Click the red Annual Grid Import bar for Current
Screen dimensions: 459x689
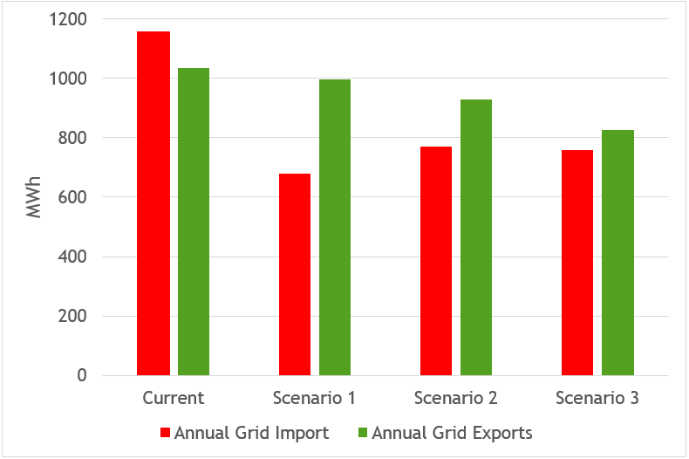(x=153, y=203)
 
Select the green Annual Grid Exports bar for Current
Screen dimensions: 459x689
(x=194, y=222)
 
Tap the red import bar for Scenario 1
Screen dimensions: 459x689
(x=294, y=275)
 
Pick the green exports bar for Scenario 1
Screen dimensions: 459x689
(x=335, y=228)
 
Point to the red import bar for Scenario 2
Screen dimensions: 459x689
(x=435, y=261)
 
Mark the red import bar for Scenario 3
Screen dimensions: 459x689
(x=576, y=263)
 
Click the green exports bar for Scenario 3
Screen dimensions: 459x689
(x=617, y=252)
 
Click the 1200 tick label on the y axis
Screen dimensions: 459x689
(x=69, y=18)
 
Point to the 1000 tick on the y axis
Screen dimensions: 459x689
(x=69, y=78)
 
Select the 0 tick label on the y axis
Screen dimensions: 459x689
(x=82, y=375)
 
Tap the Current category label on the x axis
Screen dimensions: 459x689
(x=174, y=399)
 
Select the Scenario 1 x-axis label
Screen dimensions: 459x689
(x=315, y=399)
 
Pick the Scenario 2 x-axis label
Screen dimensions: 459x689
(x=456, y=399)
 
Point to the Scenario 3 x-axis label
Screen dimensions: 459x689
(x=597, y=399)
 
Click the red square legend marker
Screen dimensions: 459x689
(x=166, y=433)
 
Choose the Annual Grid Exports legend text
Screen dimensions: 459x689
(x=452, y=433)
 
